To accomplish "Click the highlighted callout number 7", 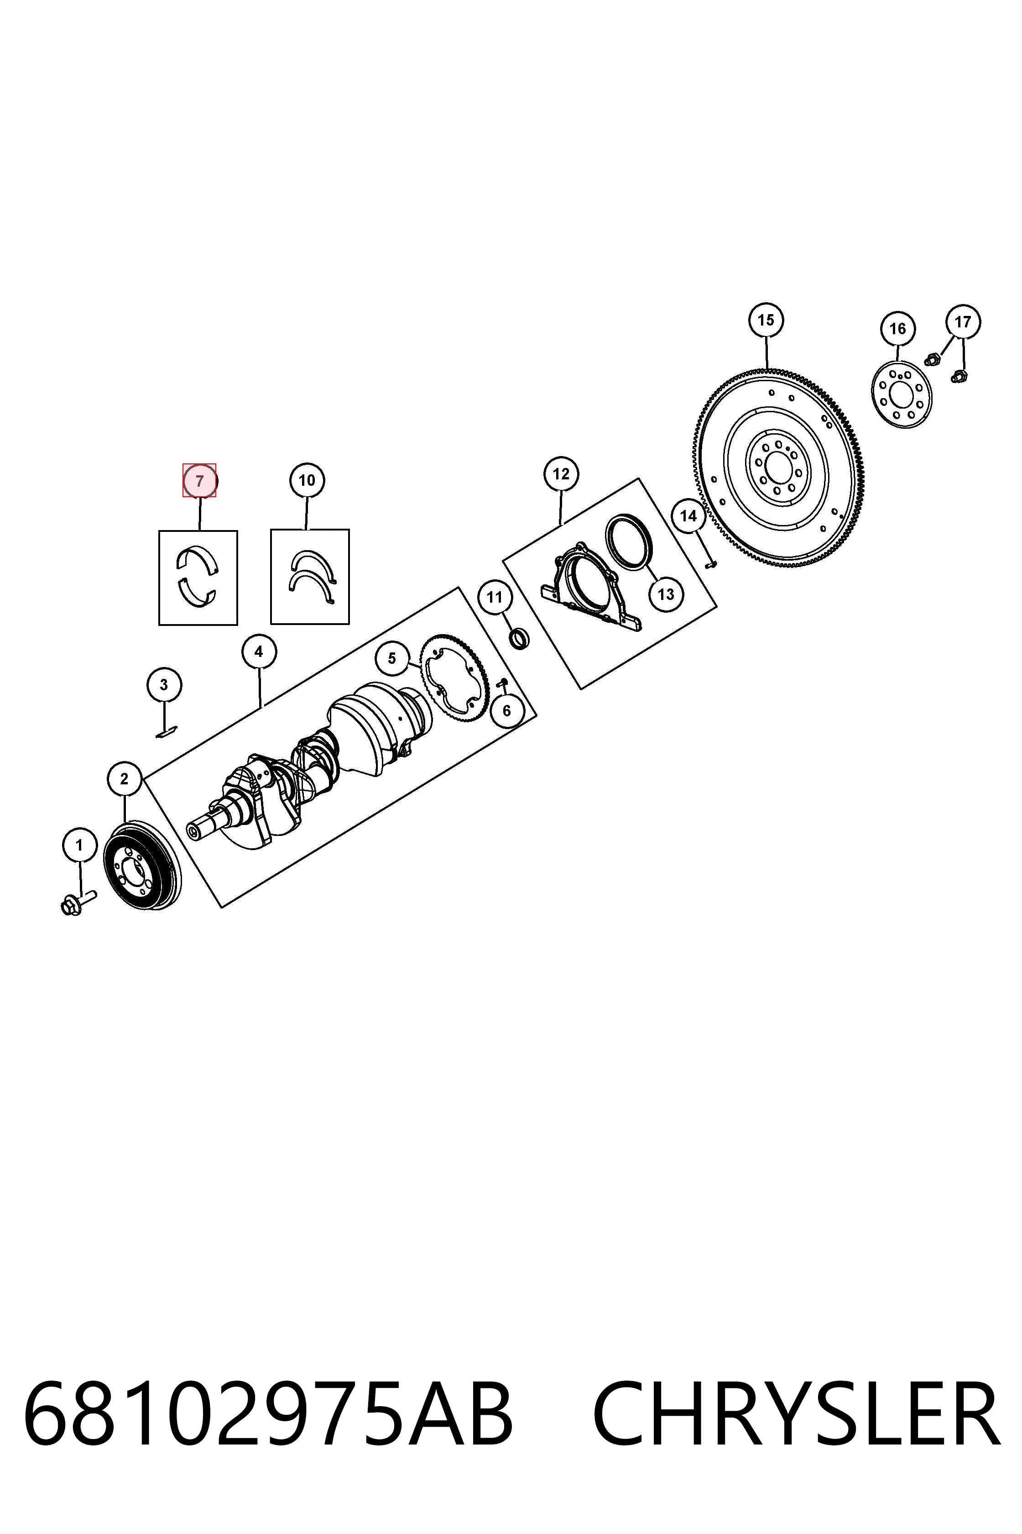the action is [199, 481].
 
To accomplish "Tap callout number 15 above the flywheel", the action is [766, 320].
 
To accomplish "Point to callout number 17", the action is [963, 321].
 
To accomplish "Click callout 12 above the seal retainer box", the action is [561, 474].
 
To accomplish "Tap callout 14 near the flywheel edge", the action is [688, 516].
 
